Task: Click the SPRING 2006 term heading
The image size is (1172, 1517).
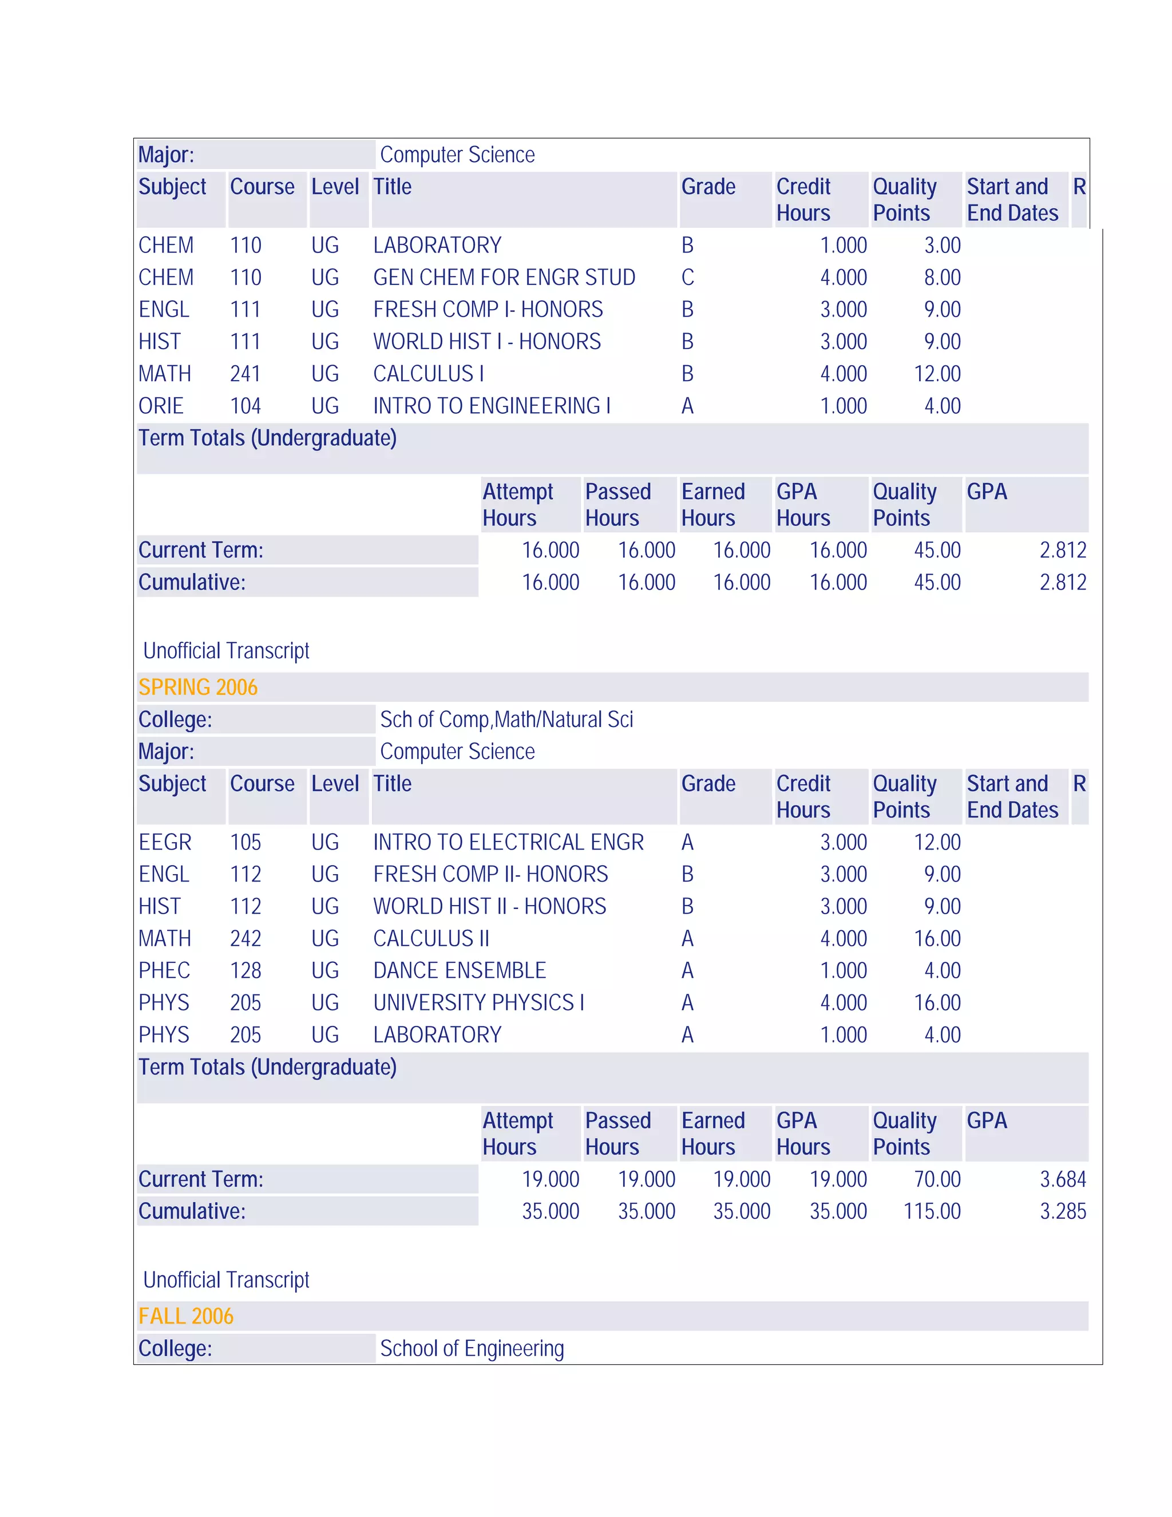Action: coord(198,687)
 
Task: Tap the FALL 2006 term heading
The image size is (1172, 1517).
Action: coord(186,1315)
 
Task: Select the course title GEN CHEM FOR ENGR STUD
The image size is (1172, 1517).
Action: coord(504,277)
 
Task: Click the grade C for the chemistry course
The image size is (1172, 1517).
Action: coord(687,277)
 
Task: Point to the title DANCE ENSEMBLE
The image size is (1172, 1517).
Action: coord(460,970)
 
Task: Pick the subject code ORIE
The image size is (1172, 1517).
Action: coord(161,406)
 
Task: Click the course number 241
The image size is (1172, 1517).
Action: coord(245,374)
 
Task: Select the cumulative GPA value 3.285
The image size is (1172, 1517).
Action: coord(1062,1211)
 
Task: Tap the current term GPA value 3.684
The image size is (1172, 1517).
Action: coord(1062,1179)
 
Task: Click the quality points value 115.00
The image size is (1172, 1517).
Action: coord(932,1211)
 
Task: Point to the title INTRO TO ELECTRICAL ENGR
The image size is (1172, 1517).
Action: coord(508,842)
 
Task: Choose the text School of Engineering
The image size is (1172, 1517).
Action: coord(472,1348)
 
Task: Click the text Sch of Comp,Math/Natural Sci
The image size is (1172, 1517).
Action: coord(506,719)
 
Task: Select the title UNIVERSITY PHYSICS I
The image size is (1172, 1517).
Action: coord(478,1002)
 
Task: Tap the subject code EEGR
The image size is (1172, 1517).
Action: coord(165,842)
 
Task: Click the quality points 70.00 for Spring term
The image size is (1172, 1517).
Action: coord(937,1179)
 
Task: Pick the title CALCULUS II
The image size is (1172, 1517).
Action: coord(431,938)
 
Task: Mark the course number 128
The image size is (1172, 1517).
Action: coord(245,970)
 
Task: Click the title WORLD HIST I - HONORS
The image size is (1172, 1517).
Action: coord(487,341)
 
